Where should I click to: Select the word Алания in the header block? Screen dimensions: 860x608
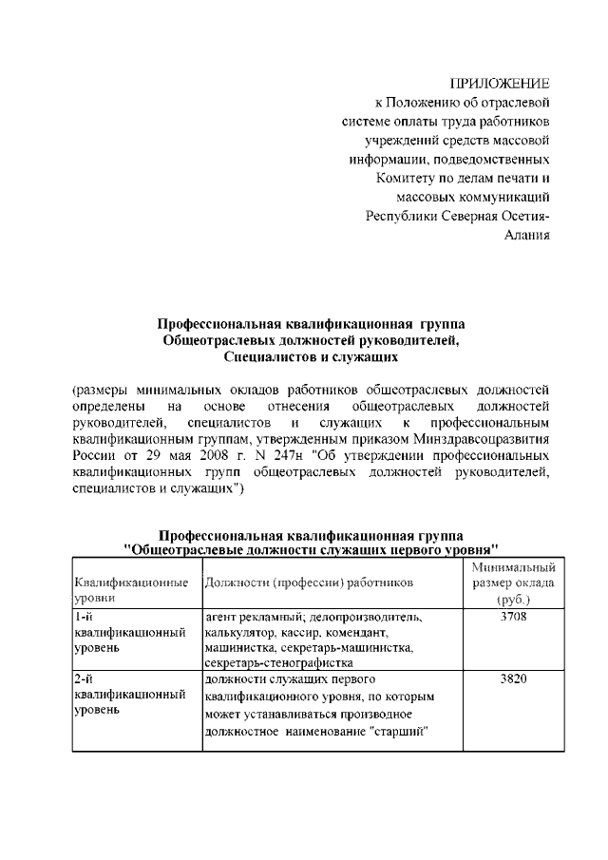coord(526,236)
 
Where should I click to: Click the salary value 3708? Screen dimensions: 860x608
coord(511,617)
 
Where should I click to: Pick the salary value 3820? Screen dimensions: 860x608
coord(511,680)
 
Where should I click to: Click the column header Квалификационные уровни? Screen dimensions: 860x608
coord(130,589)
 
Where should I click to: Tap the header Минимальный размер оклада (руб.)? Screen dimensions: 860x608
coord(512,583)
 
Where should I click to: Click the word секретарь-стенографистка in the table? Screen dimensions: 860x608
coord(280,663)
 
